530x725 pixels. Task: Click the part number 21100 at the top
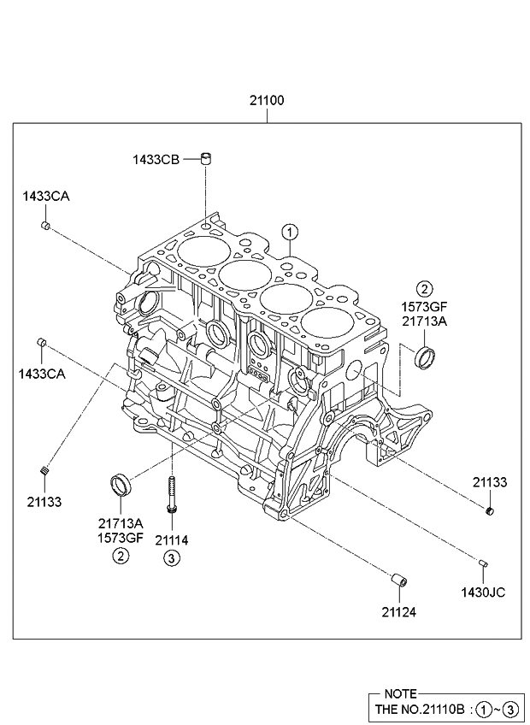[x=267, y=100]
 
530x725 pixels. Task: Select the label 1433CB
[x=156, y=160]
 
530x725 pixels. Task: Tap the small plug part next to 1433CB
[x=206, y=158]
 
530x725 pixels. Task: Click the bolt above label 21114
[x=172, y=494]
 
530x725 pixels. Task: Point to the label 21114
[x=172, y=540]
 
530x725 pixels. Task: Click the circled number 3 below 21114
[x=171, y=558]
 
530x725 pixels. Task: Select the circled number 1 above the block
[x=290, y=232]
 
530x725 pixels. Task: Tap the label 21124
[x=398, y=612]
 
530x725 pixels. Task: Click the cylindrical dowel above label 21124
[x=399, y=580]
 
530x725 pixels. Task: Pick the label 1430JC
[x=483, y=592]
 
